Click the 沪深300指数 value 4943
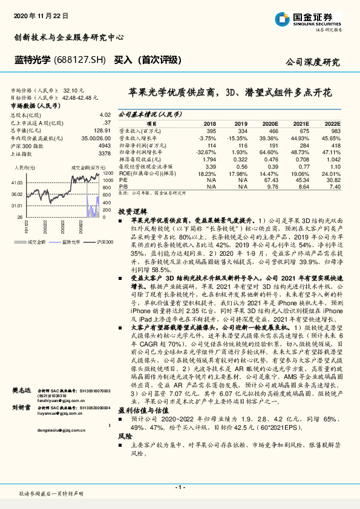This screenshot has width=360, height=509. (104, 146)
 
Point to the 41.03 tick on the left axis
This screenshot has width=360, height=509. (18, 182)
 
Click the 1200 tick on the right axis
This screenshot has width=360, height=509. (108, 173)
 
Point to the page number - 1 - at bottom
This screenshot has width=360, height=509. (180, 487)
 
